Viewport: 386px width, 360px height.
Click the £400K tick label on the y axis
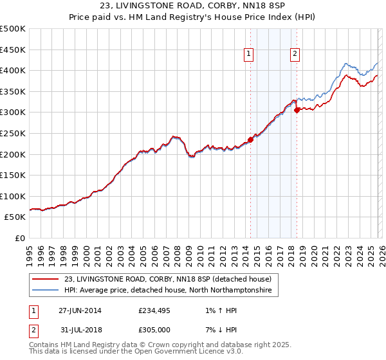(13, 70)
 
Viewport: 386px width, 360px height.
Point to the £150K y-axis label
(13, 175)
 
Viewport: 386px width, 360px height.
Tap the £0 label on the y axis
(19, 238)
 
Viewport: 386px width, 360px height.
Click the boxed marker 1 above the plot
(249, 55)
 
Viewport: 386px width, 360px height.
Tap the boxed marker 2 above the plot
(295, 55)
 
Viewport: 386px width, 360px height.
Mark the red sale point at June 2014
(250, 140)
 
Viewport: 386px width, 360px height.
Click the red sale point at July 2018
(297, 111)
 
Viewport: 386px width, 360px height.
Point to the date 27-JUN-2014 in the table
(80, 310)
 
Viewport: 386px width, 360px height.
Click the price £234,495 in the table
(154, 310)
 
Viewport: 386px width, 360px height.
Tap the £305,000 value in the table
(154, 330)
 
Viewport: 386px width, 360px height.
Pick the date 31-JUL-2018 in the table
(80, 330)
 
